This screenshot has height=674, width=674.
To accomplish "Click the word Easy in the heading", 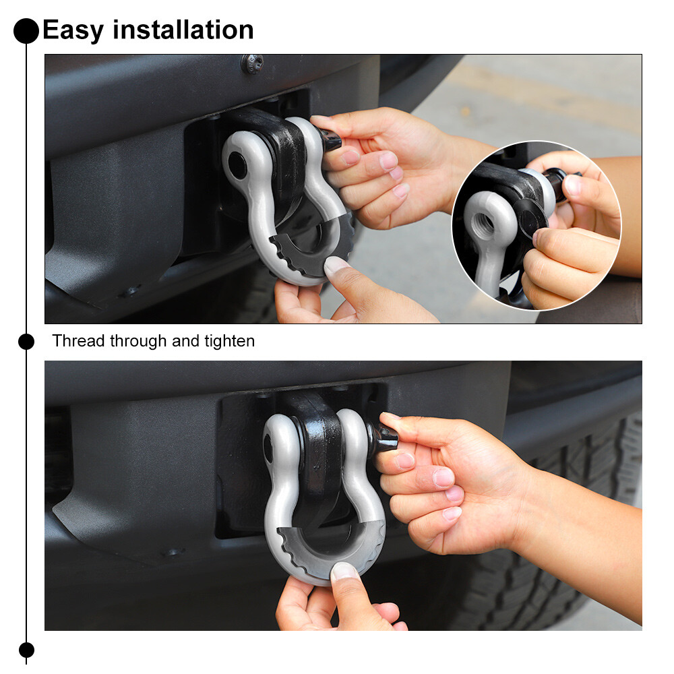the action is [x=73, y=30].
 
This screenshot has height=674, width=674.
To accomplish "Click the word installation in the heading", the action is [x=183, y=30].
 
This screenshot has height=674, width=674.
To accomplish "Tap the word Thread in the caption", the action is [x=79, y=341].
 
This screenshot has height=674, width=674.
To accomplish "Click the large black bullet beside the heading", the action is [x=26, y=31].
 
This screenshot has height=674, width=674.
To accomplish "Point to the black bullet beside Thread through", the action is [x=26, y=342].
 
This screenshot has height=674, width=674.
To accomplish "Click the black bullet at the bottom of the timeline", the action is [x=26, y=650].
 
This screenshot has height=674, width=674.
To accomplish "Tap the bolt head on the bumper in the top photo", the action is [x=252, y=63].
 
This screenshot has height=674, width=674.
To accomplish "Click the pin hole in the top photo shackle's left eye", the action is [x=237, y=166].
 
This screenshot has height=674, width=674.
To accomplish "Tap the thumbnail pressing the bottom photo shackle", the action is [x=344, y=572].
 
